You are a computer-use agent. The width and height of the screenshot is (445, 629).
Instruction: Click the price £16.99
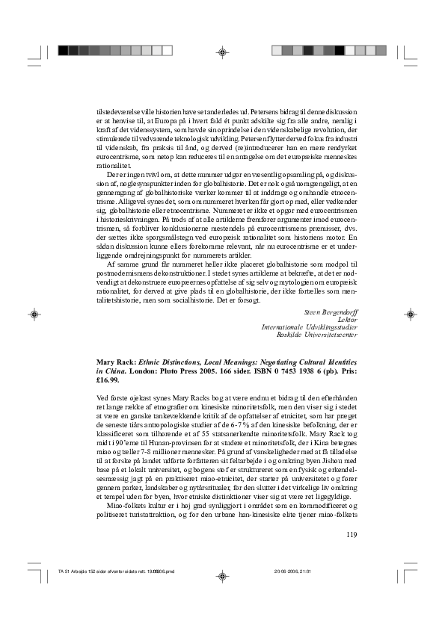[x=97, y=379]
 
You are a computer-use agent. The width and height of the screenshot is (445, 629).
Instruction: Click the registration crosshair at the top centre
[x=222, y=52]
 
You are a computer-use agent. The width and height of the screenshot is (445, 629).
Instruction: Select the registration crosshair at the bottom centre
[x=222, y=577]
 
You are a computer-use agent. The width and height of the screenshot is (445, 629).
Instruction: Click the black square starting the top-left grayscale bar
[x=63, y=51]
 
